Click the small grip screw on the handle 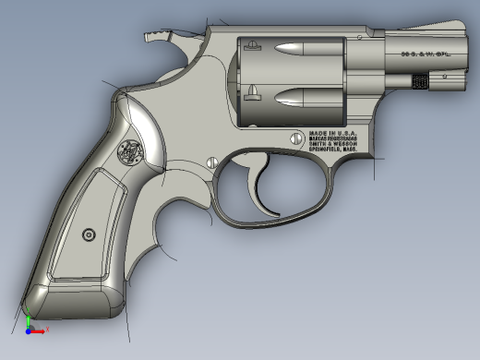tap(89, 234)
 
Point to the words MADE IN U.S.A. tap(331, 133)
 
